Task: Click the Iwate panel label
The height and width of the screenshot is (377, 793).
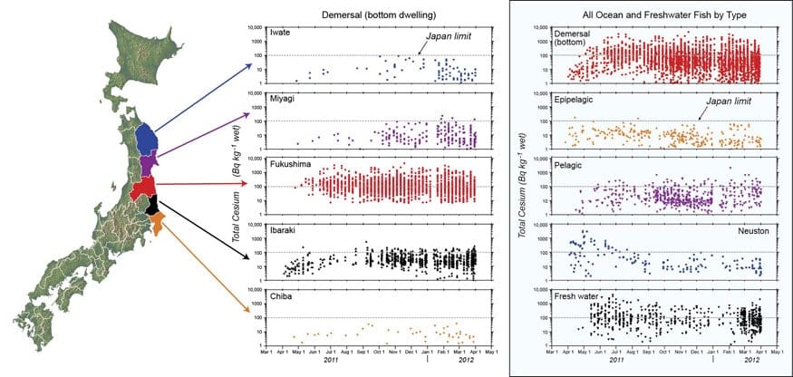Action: [x=280, y=33]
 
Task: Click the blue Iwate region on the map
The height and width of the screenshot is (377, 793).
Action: [x=146, y=137]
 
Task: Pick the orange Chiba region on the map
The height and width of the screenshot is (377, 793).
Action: [x=157, y=223]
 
